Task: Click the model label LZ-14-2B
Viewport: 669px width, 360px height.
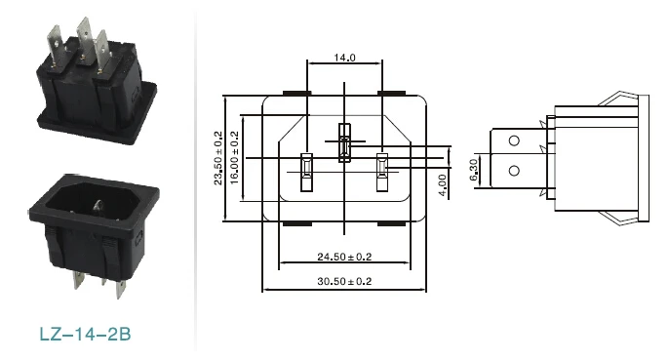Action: click(85, 334)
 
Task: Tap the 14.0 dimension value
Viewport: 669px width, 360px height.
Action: click(344, 58)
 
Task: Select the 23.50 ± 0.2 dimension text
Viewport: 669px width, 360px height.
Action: click(218, 158)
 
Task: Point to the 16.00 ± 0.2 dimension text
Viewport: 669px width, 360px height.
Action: click(234, 158)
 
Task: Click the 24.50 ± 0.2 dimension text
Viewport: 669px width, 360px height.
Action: click(344, 257)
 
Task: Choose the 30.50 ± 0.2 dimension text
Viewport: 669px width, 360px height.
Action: click(344, 281)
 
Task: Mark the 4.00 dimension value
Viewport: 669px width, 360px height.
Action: click(442, 185)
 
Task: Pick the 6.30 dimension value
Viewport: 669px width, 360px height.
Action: click(474, 170)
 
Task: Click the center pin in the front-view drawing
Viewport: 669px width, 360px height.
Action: click(344, 142)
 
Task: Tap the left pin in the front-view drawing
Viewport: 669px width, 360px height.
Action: click(307, 172)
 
